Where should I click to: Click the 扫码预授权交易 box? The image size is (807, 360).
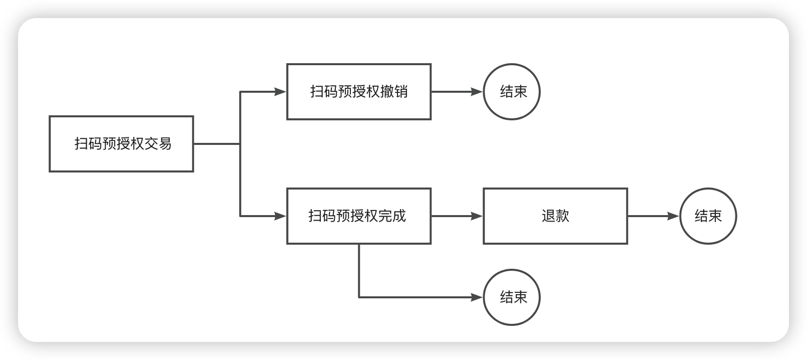click(121, 144)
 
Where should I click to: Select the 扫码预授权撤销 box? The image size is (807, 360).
click(358, 92)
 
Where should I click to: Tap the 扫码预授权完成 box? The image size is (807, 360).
click(358, 216)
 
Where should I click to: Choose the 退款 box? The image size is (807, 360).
click(555, 216)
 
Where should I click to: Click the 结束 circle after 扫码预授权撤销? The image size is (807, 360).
click(512, 92)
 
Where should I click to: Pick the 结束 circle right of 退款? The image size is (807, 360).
click(708, 216)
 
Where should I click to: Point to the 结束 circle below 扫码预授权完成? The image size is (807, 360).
click(512, 297)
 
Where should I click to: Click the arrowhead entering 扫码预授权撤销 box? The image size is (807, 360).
click(280, 92)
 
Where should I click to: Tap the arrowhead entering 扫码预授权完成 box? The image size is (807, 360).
click(280, 216)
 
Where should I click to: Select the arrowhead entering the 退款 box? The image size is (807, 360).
click(477, 216)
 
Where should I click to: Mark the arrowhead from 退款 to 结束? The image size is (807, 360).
click(673, 216)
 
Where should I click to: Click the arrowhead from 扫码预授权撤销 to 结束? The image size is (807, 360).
click(477, 92)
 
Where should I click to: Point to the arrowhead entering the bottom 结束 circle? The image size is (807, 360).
click(477, 297)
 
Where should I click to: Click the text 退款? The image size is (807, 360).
click(555, 216)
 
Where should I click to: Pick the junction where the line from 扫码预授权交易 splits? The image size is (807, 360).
click(241, 144)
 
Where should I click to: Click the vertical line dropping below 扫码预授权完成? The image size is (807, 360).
click(359, 271)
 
